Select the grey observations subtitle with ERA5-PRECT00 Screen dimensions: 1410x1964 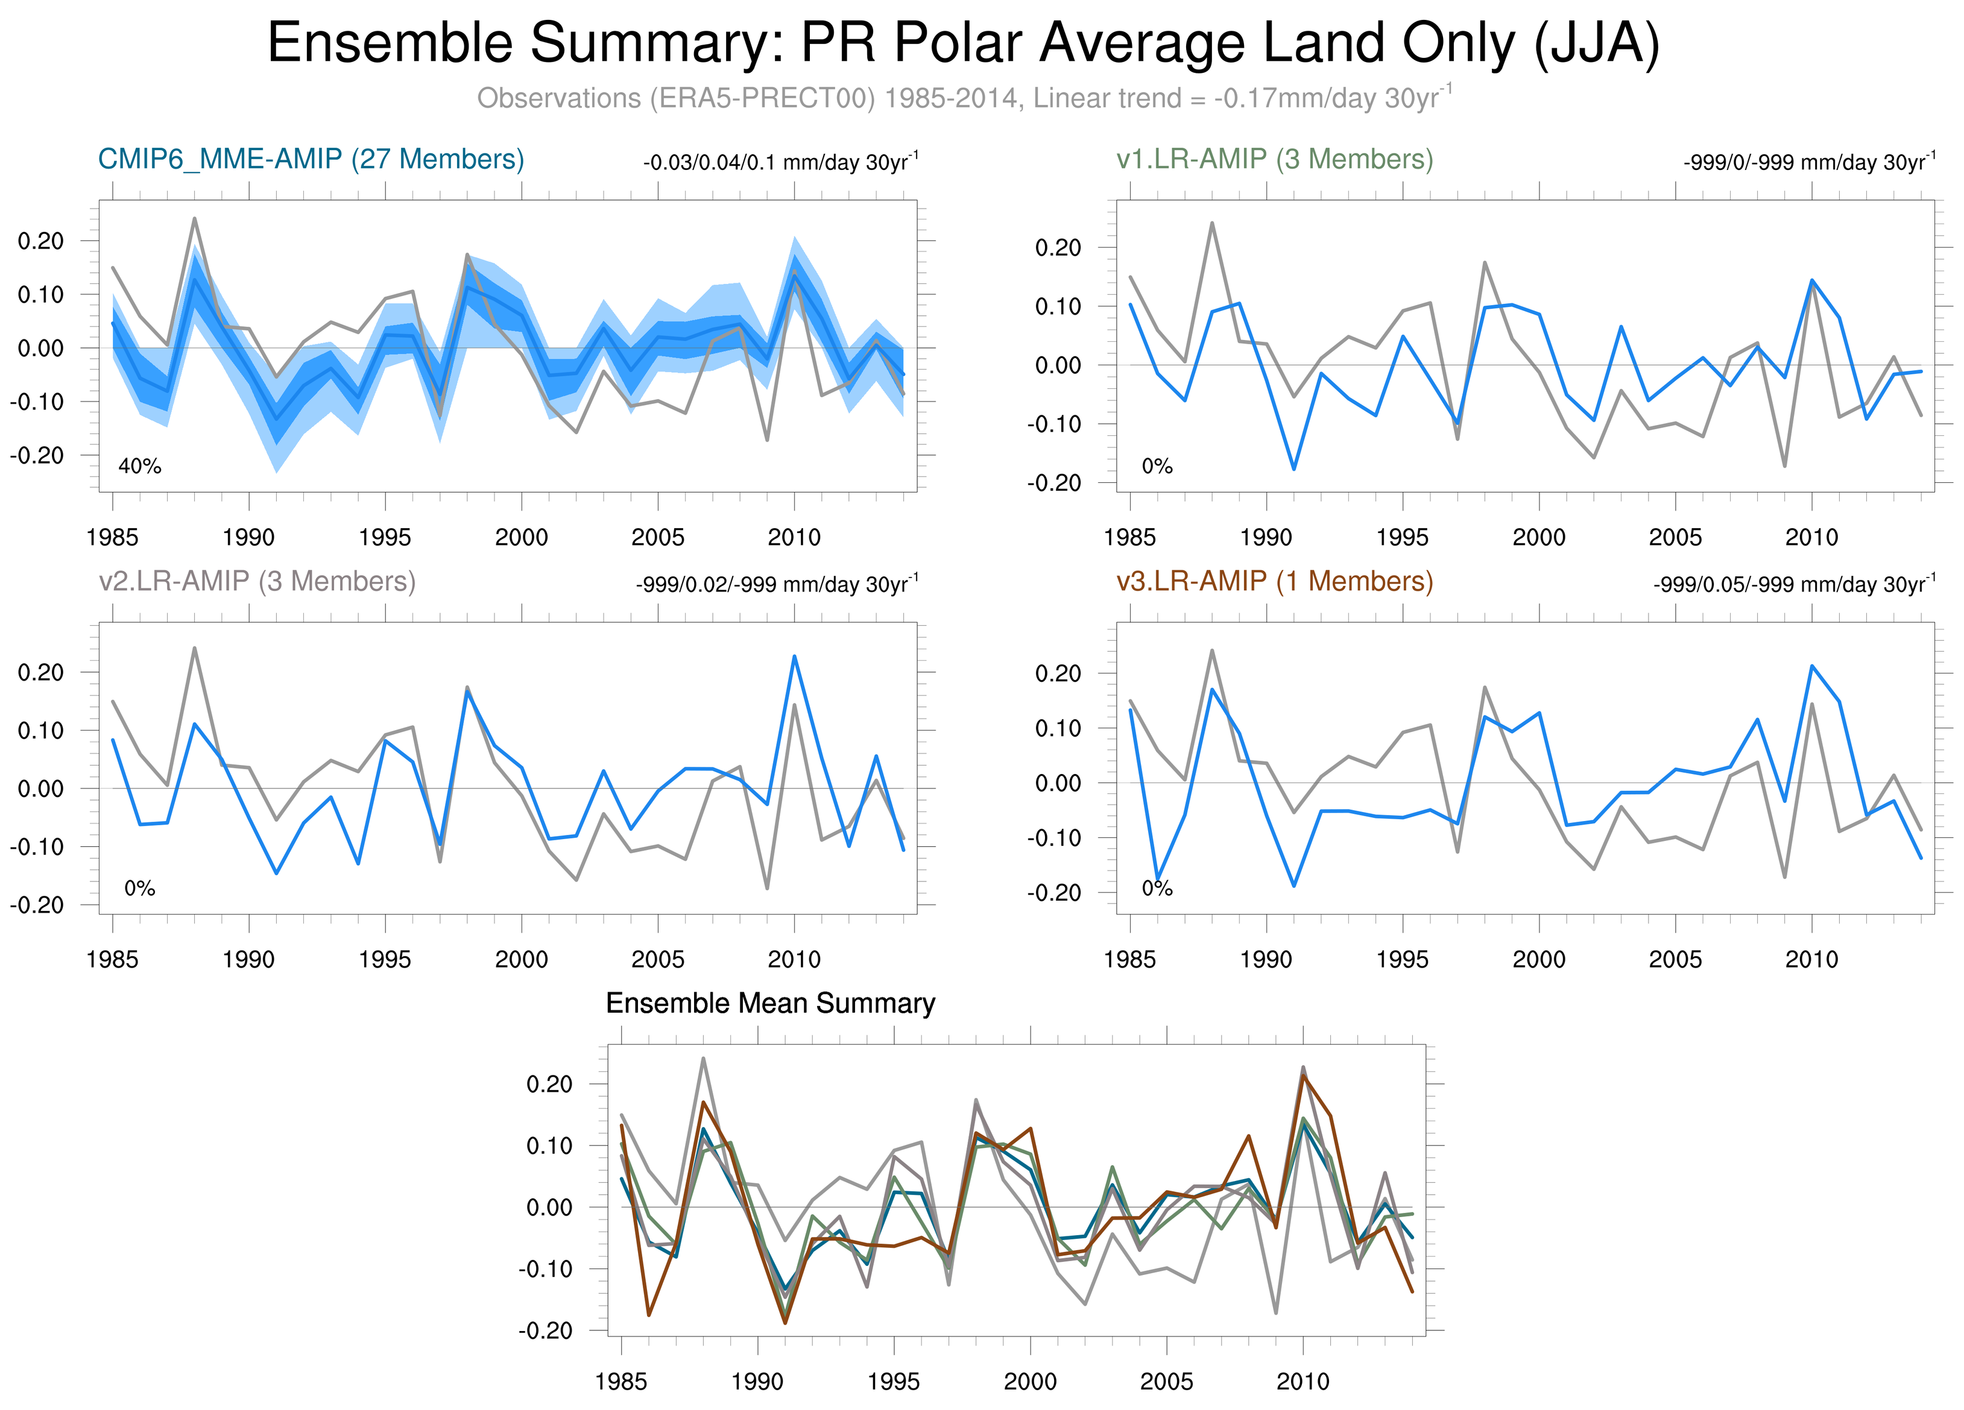tap(963, 98)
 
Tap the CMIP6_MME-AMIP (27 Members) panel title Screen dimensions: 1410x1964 tap(311, 159)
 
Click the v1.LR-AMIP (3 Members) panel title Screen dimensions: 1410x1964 tap(1275, 159)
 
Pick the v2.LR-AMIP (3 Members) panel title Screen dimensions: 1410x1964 tap(257, 581)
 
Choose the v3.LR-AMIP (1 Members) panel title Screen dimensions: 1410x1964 tap(1275, 581)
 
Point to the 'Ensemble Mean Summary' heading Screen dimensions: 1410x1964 tap(770, 1003)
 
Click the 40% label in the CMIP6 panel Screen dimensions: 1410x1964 tap(139, 467)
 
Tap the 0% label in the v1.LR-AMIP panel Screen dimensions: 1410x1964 tap(1157, 467)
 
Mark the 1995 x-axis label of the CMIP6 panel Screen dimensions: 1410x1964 tap(385, 538)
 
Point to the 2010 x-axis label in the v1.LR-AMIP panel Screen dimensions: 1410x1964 tap(1811, 538)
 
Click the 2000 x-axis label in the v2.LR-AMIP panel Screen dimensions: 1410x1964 tap(522, 959)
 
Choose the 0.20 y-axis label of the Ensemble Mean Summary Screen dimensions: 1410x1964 tap(549, 1084)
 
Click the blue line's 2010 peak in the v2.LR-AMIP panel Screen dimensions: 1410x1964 tap(794, 656)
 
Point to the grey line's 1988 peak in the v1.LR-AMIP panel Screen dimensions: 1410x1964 tap(1211, 223)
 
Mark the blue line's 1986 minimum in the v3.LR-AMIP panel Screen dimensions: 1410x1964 tap(1158, 880)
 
